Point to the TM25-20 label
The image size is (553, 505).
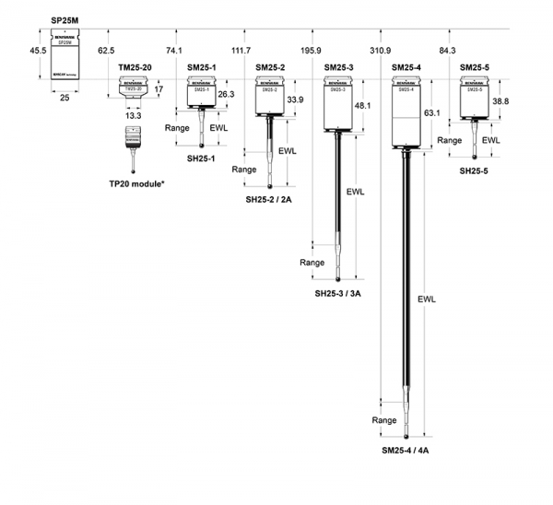click(x=135, y=68)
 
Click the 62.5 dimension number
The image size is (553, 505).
click(x=106, y=51)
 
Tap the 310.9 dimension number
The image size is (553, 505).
click(x=380, y=51)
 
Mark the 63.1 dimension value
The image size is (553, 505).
click(x=432, y=112)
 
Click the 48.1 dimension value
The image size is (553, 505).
click(x=364, y=106)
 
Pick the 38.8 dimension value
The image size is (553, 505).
click(x=500, y=101)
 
